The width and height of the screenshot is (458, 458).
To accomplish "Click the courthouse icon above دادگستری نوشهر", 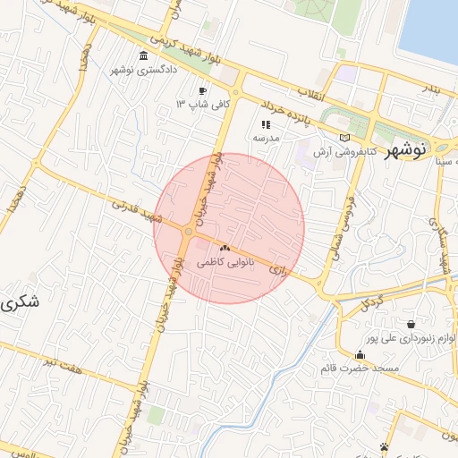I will coord(144,58).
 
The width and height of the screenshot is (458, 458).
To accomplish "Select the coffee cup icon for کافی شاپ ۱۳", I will coord(203,91).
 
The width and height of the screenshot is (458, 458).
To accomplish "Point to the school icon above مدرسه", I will coord(265,125).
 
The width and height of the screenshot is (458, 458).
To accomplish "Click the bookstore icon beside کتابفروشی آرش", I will coord(344,137).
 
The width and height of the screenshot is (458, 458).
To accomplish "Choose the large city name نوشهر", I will coord(404,151).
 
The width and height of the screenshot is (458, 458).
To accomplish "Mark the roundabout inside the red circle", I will coord(188,233).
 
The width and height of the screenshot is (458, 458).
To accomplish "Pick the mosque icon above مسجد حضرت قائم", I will coord(360,355).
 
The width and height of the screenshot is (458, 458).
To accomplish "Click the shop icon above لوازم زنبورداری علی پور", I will coord(410,326).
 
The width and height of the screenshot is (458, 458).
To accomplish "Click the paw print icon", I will coord(385,446).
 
